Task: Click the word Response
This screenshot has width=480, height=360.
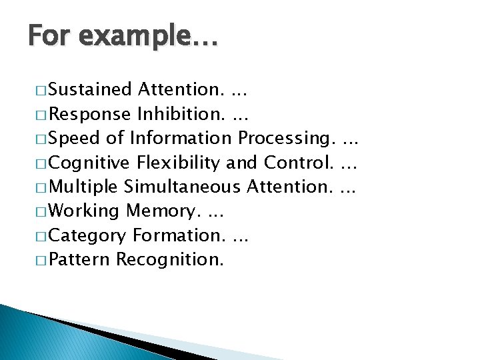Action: point(90,113)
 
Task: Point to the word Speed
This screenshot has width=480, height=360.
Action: point(74,138)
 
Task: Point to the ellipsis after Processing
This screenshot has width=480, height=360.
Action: point(349,139)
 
